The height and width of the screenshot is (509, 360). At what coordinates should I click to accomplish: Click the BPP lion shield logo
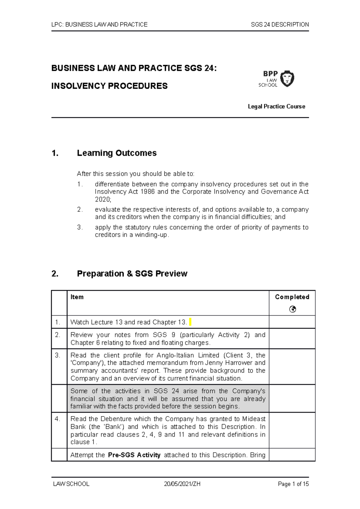click(287, 79)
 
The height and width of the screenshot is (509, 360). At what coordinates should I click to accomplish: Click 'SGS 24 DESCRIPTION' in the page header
click(280, 25)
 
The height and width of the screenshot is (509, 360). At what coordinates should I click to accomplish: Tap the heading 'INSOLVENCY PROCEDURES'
click(109, 86)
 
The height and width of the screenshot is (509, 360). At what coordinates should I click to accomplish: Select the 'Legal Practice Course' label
click(276, 106)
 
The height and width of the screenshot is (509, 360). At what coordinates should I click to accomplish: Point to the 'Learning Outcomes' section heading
click(117, 153)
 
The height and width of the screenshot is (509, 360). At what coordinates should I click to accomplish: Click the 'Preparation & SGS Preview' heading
click(132, 273)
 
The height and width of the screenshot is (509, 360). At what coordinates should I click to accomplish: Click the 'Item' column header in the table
click(77, 297)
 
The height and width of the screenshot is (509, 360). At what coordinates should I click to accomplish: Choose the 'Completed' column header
click(292, 297)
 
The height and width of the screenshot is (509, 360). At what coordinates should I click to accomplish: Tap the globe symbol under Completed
click(292, 309)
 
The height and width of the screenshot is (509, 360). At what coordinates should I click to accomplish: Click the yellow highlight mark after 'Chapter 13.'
click(190, 322)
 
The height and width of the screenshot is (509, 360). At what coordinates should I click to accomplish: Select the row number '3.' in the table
click(58, 356)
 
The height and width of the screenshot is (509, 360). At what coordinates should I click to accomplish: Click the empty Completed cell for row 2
click(292, 339)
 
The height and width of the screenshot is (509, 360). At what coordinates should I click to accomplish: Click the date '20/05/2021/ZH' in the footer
click(182, 484)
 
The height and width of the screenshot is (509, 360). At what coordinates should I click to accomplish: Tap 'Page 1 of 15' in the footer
click(293, 484)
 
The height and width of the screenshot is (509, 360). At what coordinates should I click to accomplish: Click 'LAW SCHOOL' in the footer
click(71, 484)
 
